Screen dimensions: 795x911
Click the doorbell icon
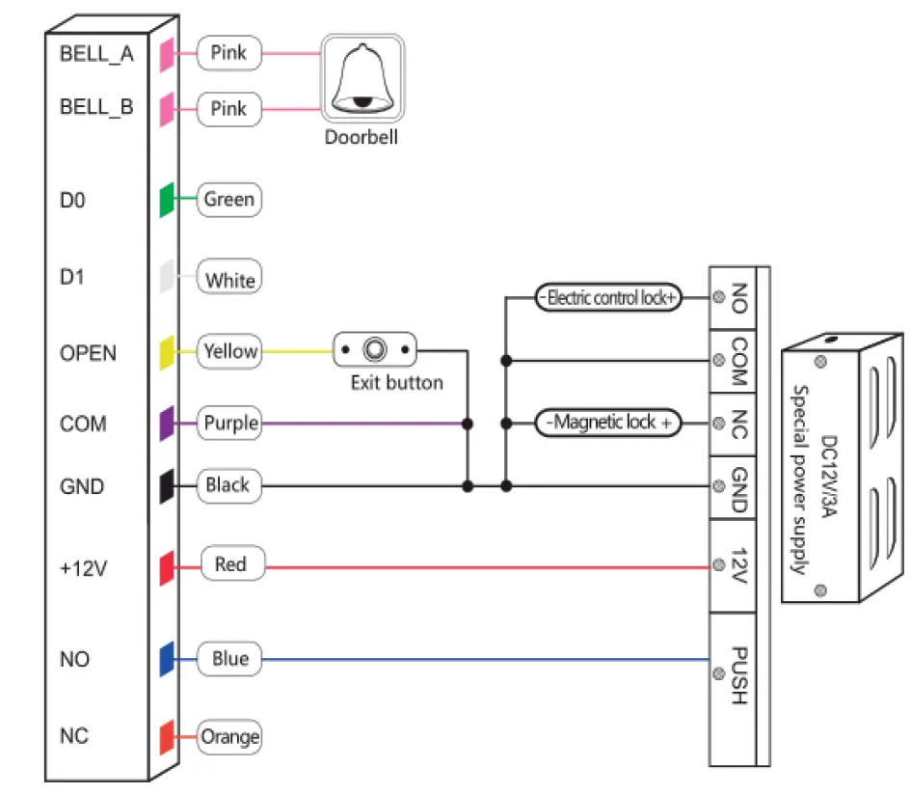(x=362, y=80)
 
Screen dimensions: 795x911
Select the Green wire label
(x=229, y=200)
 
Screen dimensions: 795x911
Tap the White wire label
(x=229, y=281)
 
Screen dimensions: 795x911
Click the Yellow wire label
(x=229, y=351)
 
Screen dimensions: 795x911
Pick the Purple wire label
(x=229, y=423)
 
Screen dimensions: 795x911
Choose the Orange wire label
(x=229, y=738)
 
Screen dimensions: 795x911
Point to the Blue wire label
(x=229, y=659)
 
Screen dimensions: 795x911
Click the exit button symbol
(x=376, y=349)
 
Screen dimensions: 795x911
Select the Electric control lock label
(x=607, y=298)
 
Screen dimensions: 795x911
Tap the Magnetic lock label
(x=607, y=423)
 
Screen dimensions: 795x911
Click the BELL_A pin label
(x=96, y=53)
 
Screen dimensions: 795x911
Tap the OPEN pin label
(x=88, y=353)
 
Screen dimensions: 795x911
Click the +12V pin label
(x=82, y=567)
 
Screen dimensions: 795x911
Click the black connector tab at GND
(x=166, y=485)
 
